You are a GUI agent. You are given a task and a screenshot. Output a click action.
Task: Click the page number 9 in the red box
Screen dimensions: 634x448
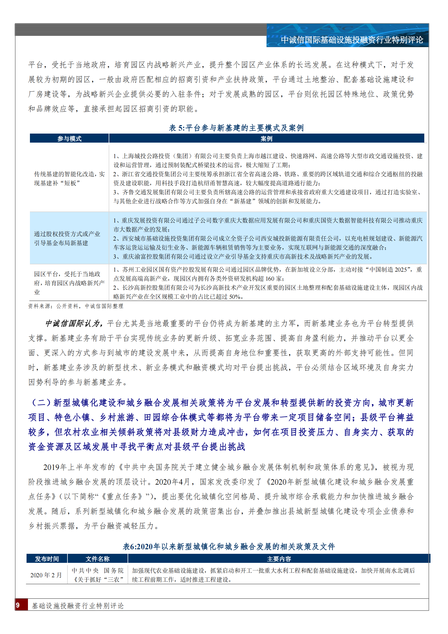pyautogui.click(x=18, y=605)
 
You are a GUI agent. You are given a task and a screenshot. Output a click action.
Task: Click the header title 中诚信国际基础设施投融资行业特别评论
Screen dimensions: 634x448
pyautogui.click(x=352, y=40)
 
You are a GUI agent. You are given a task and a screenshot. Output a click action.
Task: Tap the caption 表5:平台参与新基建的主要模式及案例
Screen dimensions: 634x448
pyautogui.click(x=236, y=128)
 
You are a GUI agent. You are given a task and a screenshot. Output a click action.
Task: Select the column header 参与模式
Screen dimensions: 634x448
pyautogui.click(x=69, y=139)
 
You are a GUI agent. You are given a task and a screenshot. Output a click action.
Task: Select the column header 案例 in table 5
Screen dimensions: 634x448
pyautogui.click(x=266, y=139)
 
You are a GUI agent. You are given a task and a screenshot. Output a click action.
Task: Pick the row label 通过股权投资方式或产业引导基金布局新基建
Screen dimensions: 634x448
pyautogui.click(x=67, y=238)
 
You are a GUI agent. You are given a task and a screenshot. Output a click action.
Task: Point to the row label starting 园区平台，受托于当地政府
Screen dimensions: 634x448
pyautogui.click(x=69, y=283)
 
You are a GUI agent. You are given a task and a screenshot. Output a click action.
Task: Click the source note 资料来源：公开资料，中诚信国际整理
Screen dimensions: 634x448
pyautogui.click(x=76, y=306)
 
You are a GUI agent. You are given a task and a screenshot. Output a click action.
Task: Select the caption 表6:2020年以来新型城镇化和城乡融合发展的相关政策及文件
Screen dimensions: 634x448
pyautogui.click(x=229, y=546)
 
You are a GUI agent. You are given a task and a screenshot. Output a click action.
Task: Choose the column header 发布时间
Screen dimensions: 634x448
pyautogui.click(x=47, y=559)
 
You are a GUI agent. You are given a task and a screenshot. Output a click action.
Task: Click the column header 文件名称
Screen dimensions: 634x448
pyautogui.click(x=97, y=559)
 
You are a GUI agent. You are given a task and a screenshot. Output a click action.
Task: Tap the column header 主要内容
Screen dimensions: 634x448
pyautogui.click(x=279, y=559)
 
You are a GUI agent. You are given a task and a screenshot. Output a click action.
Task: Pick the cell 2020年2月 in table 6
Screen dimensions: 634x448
pyautogui.click(x=46, y=575)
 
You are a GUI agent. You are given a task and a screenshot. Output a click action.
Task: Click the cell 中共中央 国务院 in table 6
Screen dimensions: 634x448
pyautogui.click(x=97, y=570)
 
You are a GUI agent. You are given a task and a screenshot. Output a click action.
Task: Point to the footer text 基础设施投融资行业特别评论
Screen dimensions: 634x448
pyautogui.click(x=78, y=605)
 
